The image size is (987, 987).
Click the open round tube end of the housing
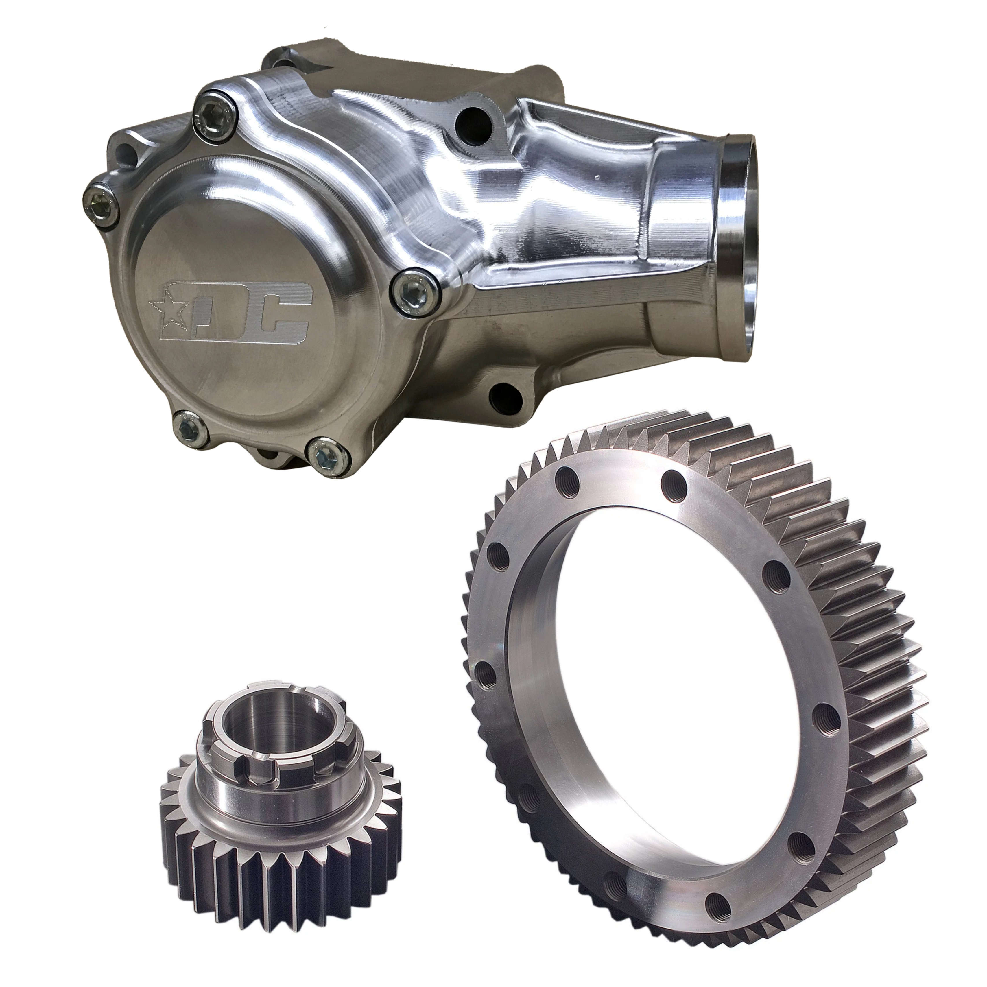(x=738, y=225)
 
